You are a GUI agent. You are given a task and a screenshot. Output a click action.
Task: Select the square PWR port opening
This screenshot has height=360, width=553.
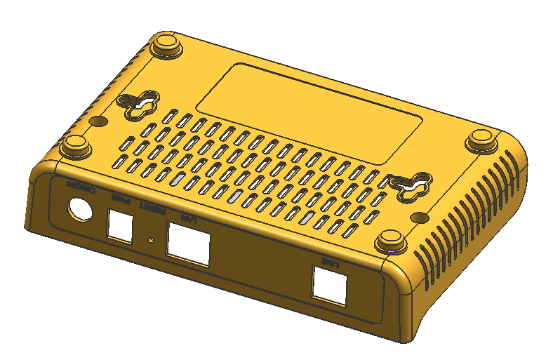121,227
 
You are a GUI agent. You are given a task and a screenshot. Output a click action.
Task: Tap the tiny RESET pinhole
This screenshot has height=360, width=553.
152,240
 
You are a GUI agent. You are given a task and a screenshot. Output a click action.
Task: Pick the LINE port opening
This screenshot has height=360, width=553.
329,286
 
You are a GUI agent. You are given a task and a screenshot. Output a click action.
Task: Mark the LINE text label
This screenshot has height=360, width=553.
331,262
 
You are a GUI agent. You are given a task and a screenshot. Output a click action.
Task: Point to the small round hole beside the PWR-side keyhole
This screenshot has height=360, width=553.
100,121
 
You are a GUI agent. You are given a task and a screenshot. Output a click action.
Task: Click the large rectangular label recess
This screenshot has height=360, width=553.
309,116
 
